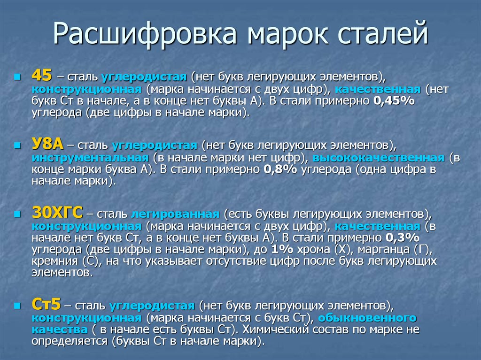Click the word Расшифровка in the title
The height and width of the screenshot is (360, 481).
145,33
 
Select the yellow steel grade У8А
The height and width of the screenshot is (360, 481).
47,144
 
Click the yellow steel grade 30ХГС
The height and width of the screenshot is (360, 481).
57,212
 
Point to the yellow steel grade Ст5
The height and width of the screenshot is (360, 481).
47,304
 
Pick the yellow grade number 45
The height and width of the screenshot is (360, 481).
42,75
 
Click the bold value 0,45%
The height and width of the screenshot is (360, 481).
394,100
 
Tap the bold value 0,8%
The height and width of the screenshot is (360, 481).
280,169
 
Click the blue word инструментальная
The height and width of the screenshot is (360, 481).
90,158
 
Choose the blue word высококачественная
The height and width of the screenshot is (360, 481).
379,158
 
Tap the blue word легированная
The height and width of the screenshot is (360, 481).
175,214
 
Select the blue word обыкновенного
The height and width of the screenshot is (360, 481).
367,318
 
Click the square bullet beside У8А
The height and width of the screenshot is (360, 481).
17,145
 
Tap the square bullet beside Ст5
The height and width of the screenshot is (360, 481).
17,306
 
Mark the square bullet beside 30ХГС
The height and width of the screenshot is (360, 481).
17,214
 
